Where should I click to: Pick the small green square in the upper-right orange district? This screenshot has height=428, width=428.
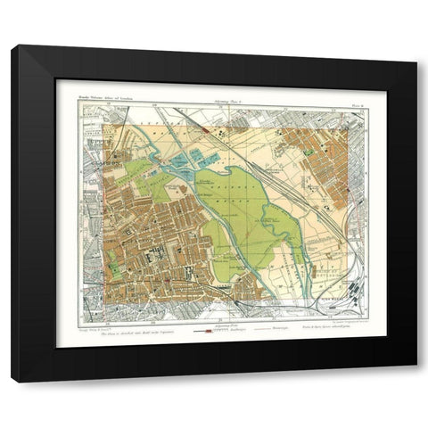click(x=310, y=151)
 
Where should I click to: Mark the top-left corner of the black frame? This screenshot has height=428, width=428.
click(x=12, y=45)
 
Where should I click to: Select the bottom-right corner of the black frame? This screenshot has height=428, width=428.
click(x=416, y=382)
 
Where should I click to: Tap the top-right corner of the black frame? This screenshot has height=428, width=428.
click(x=416, y=45)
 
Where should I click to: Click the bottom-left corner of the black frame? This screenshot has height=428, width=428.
click(x=12, y=382)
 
